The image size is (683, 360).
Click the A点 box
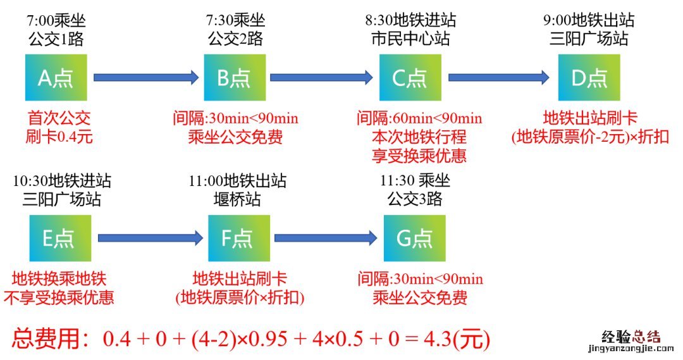point(56,77)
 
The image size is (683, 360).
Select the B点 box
point(234,77)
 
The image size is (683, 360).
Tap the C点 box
point(410,77)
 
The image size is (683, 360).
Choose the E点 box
point(59,238)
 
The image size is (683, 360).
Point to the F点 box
point(238,238)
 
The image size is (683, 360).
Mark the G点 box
point(414,238)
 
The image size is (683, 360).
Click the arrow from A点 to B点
point(146,77)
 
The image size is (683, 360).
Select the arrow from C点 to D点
point(499,77)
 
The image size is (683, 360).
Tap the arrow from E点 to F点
point(150,238)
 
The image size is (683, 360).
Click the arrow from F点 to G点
point(326,238)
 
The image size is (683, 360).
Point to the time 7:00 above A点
point(40,21)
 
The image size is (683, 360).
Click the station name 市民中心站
point(410,39)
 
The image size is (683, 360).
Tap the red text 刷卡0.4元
point(59,136)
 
